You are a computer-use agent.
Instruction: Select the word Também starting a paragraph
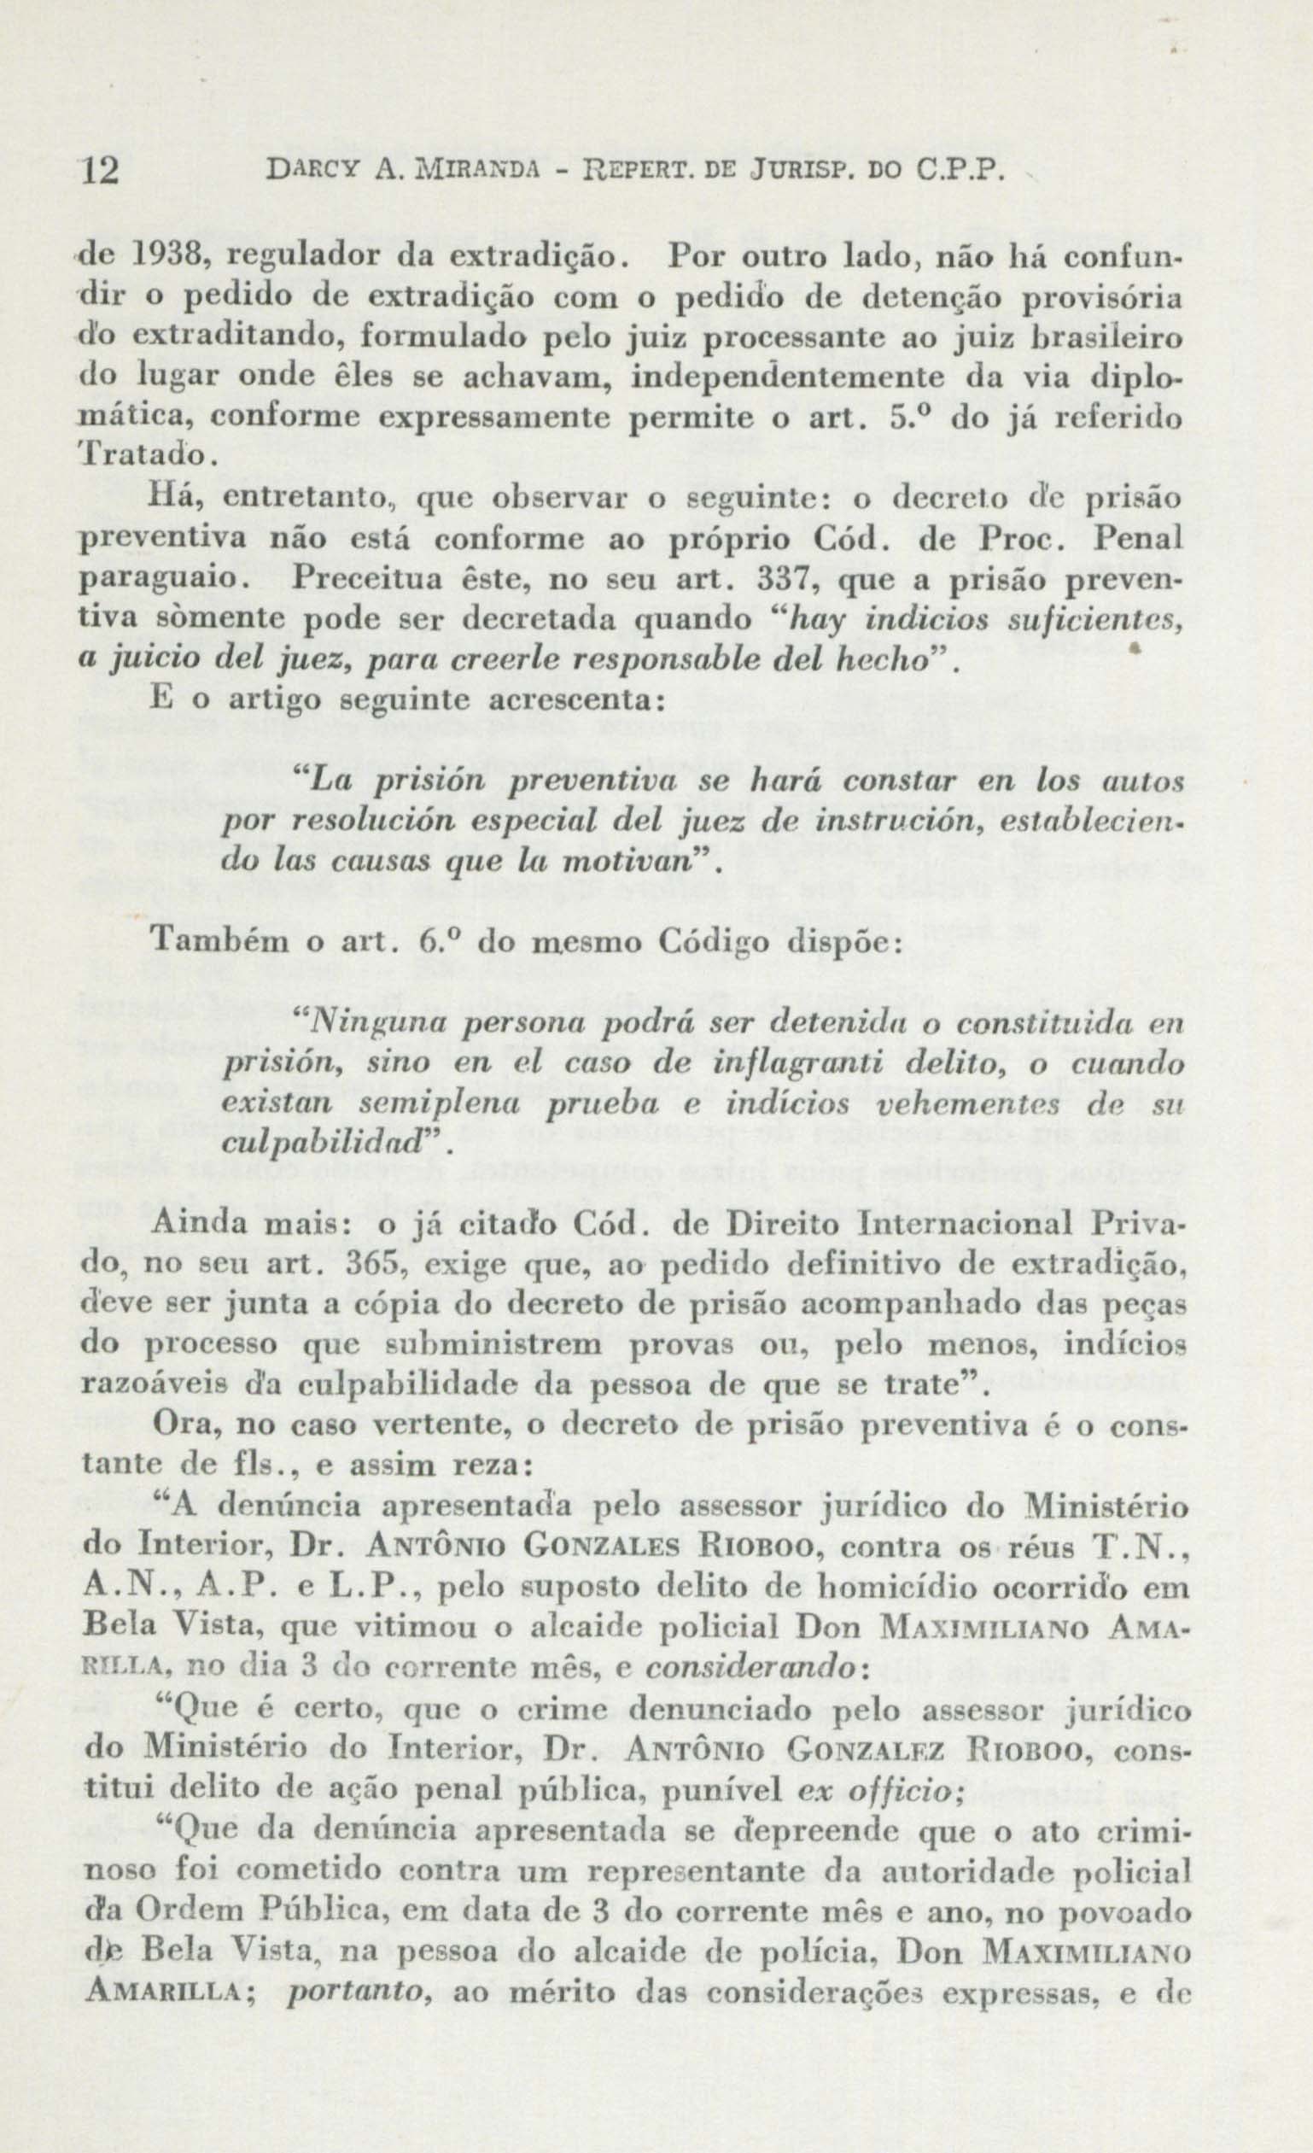[x=206, y=943]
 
